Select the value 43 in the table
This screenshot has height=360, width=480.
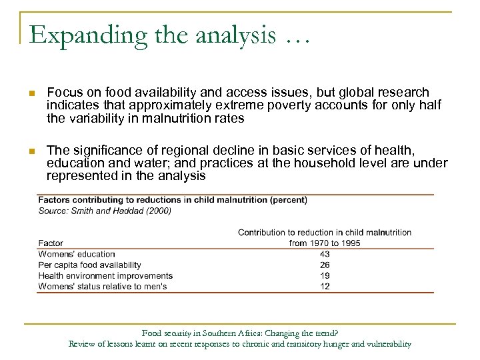325,254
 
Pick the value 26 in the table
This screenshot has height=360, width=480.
325,265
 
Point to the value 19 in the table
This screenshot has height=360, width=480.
325,275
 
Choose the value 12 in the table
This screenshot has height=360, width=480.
325,286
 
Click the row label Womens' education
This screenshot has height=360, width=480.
77,254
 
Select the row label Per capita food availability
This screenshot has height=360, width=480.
90,265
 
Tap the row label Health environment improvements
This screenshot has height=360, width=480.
105,275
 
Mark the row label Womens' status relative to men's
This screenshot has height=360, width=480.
103,286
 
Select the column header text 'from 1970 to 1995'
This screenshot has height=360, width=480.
325,243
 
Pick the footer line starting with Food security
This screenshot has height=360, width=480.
240,333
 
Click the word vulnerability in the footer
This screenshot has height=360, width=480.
387,344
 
